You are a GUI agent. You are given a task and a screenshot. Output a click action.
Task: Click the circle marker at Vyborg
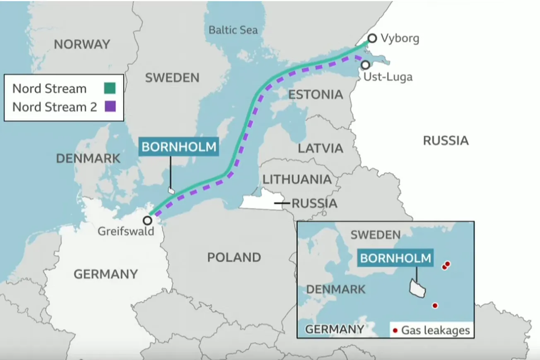(372, 38)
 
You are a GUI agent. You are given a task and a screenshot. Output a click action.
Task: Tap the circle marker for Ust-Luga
(365, 65)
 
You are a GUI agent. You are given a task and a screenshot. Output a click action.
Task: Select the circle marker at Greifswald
(147, 220)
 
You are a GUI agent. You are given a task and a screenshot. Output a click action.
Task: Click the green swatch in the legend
(110, 88)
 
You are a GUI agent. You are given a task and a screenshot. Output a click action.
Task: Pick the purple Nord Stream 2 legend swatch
(110, 106)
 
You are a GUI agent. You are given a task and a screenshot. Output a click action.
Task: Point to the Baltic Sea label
(233, 30)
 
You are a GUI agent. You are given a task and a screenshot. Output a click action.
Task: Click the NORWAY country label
(82, 44)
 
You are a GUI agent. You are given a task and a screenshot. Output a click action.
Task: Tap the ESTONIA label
(316, 94)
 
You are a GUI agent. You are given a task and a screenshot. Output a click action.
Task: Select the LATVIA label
(321, 148)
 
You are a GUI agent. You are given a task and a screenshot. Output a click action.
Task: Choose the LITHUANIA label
(297, 179)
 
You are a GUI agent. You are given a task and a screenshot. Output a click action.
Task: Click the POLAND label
(234, 257)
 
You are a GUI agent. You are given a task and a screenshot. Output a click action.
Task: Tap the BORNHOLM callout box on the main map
(178, 147)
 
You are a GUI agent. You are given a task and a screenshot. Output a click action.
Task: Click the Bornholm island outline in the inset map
(417, 288)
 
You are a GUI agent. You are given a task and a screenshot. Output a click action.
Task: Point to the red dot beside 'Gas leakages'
(395, 330)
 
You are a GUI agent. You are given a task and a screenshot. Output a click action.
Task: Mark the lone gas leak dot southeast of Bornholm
(435, 305)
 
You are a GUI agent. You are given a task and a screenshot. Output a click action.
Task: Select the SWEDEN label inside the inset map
(376, 235)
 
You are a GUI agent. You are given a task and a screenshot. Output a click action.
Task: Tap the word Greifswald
(125, 231)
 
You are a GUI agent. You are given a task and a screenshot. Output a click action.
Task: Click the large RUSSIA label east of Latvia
(446, 141)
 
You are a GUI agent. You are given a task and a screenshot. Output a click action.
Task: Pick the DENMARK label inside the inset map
(336, 289)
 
